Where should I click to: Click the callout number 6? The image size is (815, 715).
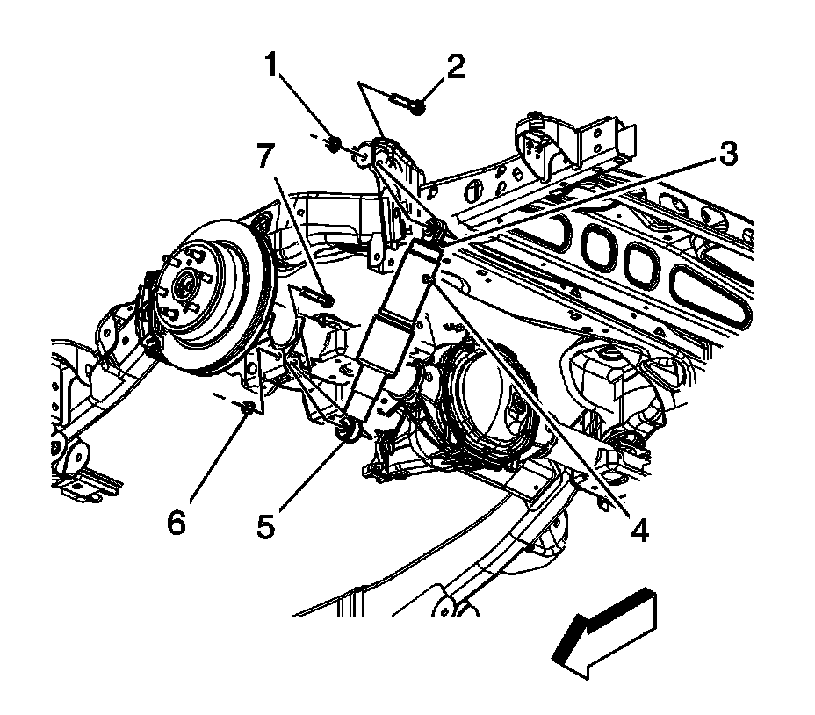coord(177,524)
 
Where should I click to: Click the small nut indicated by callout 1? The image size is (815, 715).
coord(334,142)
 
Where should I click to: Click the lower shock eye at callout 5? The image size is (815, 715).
coord(346,429)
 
